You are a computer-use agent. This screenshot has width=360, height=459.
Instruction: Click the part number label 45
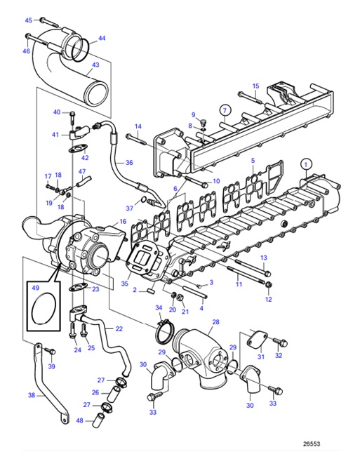pos(29,20)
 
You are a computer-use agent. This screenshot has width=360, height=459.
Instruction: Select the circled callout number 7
pos(225,109)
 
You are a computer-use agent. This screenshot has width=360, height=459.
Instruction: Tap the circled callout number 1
pos(306,164)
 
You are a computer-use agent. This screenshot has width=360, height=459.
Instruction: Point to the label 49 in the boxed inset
pos(35,286)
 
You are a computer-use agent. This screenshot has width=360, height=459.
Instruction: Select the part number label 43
pos(95,64)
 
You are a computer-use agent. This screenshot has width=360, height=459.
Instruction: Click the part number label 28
pos(215,322)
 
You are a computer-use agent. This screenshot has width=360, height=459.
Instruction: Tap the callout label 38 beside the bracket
pos(31,395)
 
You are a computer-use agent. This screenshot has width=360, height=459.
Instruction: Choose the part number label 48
pos(80,420)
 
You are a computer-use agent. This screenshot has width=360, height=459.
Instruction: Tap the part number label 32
pos(279,356)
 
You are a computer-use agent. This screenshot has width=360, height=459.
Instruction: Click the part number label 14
pos(138,126)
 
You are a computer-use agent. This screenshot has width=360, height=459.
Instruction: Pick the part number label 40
pos(57,112)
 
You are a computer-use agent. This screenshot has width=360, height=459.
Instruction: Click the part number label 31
pos(260,357)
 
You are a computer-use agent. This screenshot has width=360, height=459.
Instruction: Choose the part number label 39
pos(51,366)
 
